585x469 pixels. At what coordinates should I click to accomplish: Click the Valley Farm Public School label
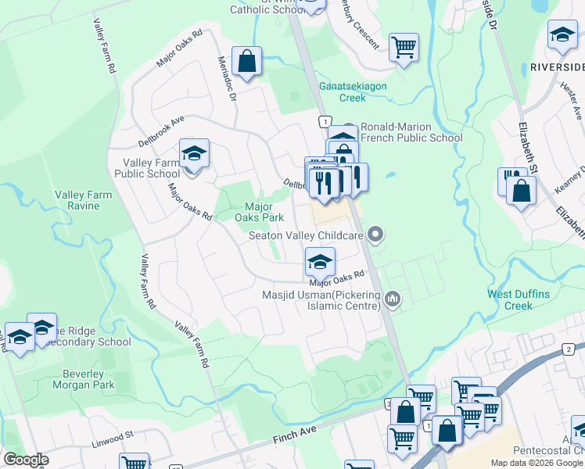click(147, 168)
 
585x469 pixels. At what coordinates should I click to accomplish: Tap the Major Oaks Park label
click(259, 212)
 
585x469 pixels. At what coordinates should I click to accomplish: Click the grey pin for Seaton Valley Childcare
click(376, 234)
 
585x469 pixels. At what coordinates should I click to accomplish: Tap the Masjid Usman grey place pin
click(393, 299)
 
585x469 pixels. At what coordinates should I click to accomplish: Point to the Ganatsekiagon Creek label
click(352, 92)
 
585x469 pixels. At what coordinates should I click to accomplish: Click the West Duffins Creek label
click(522, 299)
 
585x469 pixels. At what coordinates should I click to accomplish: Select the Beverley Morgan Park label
click(83, 379)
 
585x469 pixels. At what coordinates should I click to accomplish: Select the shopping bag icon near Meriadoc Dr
click(246, 62)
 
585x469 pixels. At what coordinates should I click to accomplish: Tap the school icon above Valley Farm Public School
click(194, 153)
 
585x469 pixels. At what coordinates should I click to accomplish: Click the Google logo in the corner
click(26, 460)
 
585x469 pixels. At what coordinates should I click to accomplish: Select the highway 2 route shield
click(569, 348)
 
